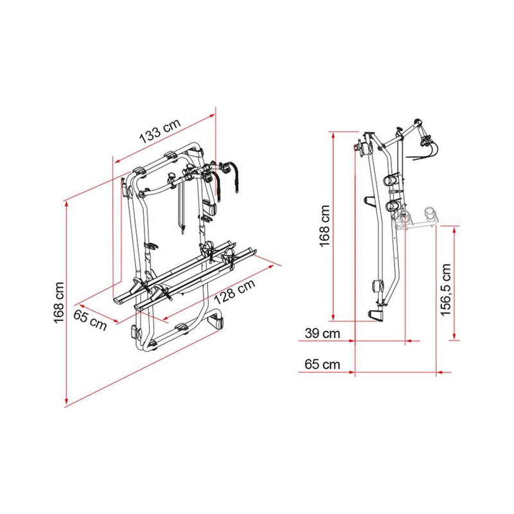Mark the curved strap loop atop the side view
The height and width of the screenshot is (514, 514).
coord(426,145)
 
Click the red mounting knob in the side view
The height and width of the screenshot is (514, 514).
coord(357,146)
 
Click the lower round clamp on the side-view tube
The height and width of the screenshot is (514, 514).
coord(393,206)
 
